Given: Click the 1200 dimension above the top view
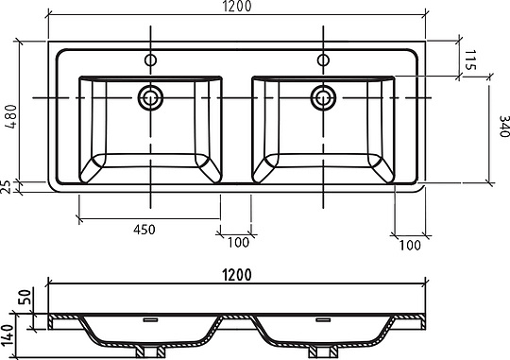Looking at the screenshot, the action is click(237, 7).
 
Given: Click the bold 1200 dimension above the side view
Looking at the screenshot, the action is click(237, 275).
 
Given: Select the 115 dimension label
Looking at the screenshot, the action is click(470, 60).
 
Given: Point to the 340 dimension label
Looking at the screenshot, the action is click(503, 127).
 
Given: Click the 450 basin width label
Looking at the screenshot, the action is click(144, 230).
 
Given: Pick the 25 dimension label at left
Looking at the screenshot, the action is click(8, 186).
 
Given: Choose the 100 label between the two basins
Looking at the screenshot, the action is click(238, 243).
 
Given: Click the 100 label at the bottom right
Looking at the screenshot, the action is click(410, 246).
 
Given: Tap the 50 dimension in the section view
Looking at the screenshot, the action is click(26, 297).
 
